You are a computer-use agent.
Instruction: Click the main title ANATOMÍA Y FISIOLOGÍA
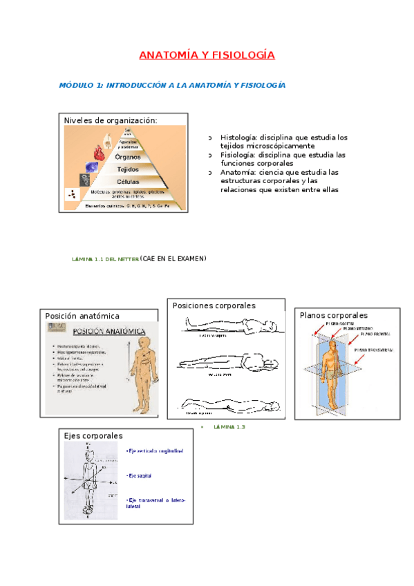pos(207,55)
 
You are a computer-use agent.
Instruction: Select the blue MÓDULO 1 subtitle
pos(172,85)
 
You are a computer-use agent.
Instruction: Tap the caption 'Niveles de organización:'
pos(111,120)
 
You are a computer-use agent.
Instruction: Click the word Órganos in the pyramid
pos(129,157)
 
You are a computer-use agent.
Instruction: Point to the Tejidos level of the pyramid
pos(129,169)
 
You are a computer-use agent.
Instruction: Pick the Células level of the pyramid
pos(129,181)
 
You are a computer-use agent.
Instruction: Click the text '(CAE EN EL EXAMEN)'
pos(173,258)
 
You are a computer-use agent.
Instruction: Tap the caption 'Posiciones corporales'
pos(214,305)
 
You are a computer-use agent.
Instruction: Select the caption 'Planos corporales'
pos(333,315)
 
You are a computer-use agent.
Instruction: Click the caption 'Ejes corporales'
pos(93,436)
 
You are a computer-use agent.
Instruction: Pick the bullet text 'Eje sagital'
pos(140,476)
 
